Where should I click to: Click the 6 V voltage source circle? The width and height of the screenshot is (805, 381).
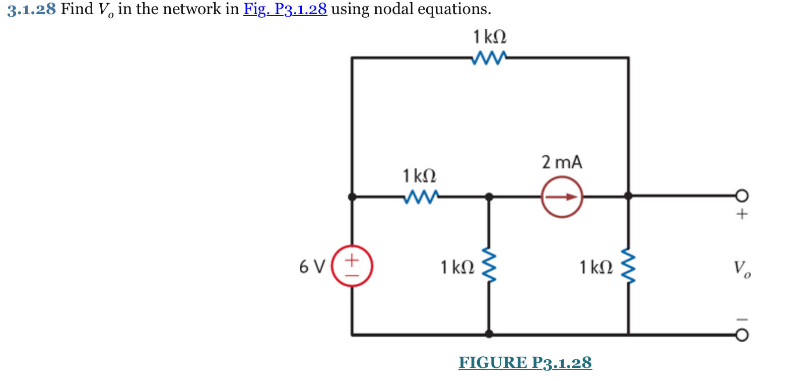coord(352,266)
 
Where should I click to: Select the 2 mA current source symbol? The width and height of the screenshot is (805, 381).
coord(562,197)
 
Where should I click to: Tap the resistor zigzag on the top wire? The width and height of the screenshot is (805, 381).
coord(489,58)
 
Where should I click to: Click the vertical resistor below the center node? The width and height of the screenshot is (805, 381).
coord(489,266)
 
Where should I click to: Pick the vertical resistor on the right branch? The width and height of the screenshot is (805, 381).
coord(628,266)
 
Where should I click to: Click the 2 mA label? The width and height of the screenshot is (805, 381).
coord(562,162)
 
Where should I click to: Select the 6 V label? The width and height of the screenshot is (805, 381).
coord(312,266)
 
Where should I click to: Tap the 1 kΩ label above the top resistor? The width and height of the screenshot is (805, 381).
coord(489,37)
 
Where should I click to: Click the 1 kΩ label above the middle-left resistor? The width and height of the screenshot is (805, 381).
coord(419,176)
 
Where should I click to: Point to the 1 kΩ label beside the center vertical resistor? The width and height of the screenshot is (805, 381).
coord(457,267)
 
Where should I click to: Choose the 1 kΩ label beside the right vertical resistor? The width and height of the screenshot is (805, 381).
coord(596,267)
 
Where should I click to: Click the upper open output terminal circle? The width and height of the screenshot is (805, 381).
coord(742,196)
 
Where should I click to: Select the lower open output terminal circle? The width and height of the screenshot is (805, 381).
coord(742,335)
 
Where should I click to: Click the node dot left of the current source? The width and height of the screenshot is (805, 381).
coord(489,197)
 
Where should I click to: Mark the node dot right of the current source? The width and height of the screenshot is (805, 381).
coord(628,196)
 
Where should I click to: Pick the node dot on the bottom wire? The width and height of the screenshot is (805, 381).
coord(489,334)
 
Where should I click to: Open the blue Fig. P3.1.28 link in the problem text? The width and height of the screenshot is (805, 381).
coord(285,9)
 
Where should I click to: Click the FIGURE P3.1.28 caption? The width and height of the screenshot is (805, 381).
coord(525,362)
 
